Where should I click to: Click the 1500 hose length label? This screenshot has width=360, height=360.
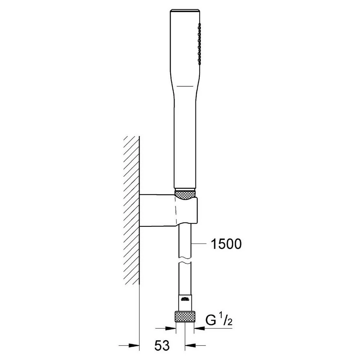coord(226,244)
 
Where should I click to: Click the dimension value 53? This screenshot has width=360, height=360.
coord(162,345)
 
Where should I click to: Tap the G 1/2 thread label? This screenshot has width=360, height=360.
coord(219,320)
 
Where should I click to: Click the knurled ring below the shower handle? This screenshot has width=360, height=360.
coord(185,194)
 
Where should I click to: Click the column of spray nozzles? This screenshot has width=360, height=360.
coord(199,44)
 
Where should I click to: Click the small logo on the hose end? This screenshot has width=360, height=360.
coord(185,299)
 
